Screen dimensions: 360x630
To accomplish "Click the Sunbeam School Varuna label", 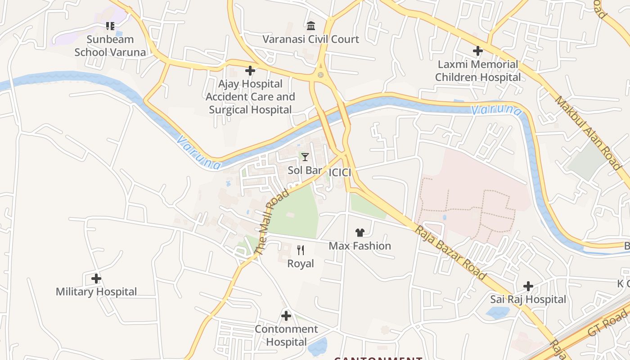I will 110,46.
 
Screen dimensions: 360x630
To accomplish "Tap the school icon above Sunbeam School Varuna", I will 110,26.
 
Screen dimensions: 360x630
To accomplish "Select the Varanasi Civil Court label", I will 311,40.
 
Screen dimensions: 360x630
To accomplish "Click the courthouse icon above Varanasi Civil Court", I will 311,26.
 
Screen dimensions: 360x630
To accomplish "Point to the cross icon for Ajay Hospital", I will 250,71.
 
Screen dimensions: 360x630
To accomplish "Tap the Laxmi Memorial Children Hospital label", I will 478,71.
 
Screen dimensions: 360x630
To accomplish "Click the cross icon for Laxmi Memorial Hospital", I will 478,51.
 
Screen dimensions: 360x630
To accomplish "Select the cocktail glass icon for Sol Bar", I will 305,157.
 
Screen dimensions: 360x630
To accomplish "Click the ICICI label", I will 340,173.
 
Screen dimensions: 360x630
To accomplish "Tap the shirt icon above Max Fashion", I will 360,233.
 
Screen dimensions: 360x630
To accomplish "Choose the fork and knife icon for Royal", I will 301,250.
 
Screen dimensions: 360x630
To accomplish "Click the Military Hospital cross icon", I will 96,279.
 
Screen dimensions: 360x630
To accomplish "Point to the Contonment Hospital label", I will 286,336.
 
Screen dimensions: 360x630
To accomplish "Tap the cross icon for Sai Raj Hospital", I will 528,286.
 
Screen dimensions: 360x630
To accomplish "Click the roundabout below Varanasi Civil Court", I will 320,75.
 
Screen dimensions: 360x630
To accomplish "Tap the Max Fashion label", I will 360,246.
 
